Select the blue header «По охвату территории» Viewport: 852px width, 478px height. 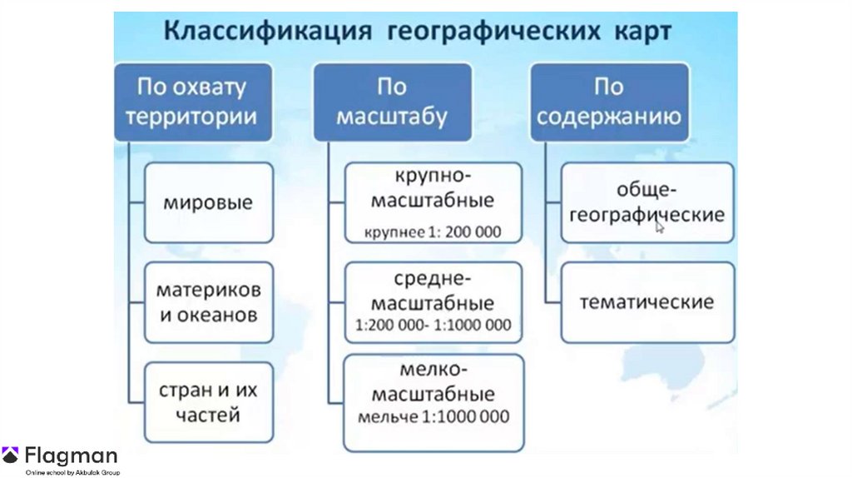(191, 101)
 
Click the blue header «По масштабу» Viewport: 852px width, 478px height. (391, 101)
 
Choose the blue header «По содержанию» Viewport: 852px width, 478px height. (609, 101)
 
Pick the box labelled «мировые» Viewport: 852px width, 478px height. (208, 202)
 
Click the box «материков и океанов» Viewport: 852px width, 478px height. (208, 302)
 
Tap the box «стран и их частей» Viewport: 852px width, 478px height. (208, 401)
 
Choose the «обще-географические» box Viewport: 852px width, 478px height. (647, 202)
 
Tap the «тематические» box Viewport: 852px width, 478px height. (647, 301)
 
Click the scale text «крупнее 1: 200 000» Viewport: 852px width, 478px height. (433, 232)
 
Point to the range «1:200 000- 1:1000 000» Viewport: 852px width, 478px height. (433, 325)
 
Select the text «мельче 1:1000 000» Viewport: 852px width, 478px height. (433, 416)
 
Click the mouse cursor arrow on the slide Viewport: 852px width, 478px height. (659, 226)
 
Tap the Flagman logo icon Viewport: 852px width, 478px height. (11, 456)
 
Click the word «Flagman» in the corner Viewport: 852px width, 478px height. (71, 456)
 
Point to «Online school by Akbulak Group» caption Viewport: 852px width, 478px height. (73, 472)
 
